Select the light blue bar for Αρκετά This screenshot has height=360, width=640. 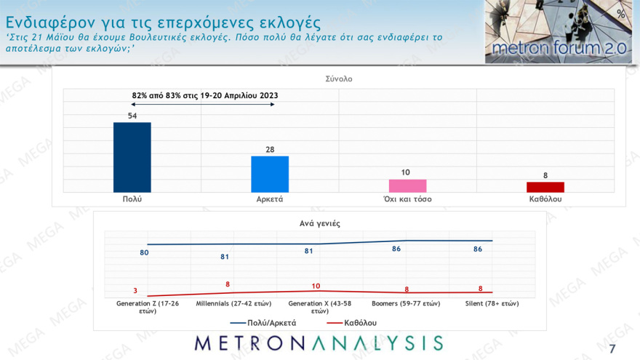tap(269, 174)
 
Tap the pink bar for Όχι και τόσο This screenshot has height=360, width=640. tap(407, 185)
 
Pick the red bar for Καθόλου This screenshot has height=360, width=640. tap(545, 187)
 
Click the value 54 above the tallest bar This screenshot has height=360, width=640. tap(132, 116)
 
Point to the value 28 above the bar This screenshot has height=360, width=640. tap(269, 149)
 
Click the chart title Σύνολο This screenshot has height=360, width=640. tap(338, 79)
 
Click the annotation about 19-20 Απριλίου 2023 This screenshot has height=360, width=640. tap(205, 95)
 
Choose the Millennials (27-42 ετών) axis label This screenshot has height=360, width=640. tap(228, 303)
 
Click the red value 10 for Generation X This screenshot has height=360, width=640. tap(316, 286)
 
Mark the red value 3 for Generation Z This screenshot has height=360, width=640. tap(135, 290)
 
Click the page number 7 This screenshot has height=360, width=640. tap(612, 346)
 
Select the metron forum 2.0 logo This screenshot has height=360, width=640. tap(558, 32)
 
